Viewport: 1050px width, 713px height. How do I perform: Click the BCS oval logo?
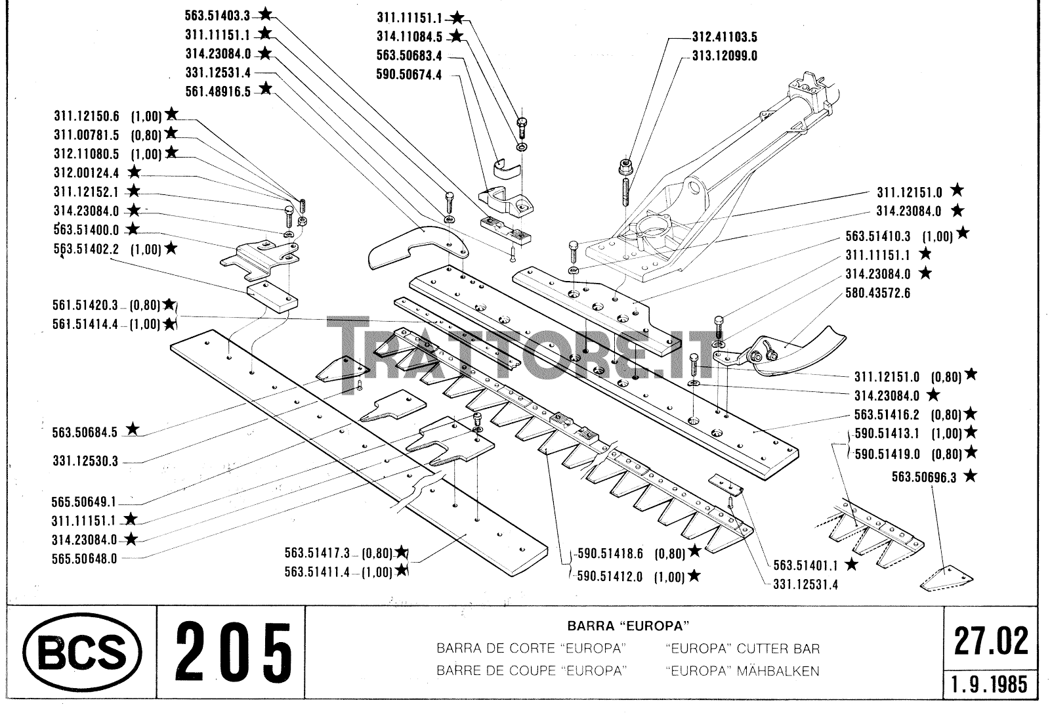tap(82, 653)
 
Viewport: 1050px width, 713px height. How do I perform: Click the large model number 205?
tap(233, 653)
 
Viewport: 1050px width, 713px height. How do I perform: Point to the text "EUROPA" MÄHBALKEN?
tap(742, 671)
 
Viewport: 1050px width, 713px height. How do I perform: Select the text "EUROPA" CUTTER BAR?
tap(742, 649)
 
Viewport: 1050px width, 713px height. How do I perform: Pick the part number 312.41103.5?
tap(724, 37)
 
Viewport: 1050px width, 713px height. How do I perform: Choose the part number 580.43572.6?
tap(878, 293)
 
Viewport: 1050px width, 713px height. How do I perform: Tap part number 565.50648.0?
tap(85, 559)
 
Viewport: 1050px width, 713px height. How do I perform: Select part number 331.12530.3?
tap(85, 462)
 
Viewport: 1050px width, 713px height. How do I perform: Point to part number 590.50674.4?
tap(409, 75)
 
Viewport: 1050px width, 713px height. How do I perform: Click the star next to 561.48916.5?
tap(265, 89)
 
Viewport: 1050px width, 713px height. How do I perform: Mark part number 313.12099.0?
tap(724, 56)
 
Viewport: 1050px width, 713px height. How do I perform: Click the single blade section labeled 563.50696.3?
tap(948, 578)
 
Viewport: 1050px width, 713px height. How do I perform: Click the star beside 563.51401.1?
tap(851, 564)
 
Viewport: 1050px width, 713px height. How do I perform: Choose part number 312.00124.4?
tap(87, 173)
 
